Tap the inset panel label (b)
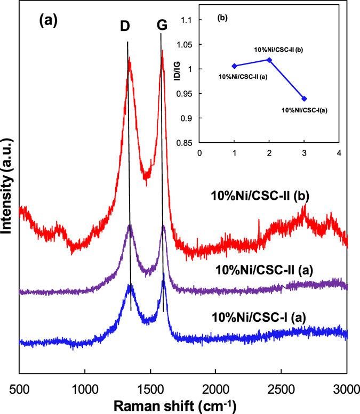point(222,19)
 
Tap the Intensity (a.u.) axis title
point(8,192)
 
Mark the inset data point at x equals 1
point(234,66)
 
